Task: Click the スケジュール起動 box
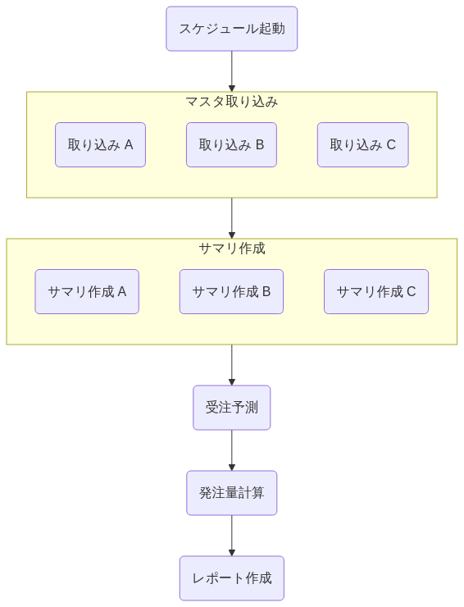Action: pos(232,29)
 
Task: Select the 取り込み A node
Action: pos(100,145)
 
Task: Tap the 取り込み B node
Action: pos(231,145)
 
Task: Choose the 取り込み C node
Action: pos(362,145)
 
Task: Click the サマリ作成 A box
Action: pos(87,291)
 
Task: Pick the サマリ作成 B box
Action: pos(231,291)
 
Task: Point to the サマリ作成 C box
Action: pos(376,291)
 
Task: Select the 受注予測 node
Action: pos(232,407)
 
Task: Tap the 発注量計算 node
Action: pos(232,493)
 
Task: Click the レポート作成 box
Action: pos(232,578)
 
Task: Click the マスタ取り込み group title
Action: pos(232,102)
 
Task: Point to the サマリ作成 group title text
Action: pos(232,249)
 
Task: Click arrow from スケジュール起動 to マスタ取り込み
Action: pos(232,71)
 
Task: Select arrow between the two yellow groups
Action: pos(232,218)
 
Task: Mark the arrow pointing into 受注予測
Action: pos(232,365)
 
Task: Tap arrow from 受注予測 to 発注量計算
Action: pos(232,450)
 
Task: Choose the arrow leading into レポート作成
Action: pos(232,536)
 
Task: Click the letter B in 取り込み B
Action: pos(260,145)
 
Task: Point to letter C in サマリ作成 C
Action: pos(411,291)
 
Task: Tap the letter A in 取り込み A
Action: pos(129,145)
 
